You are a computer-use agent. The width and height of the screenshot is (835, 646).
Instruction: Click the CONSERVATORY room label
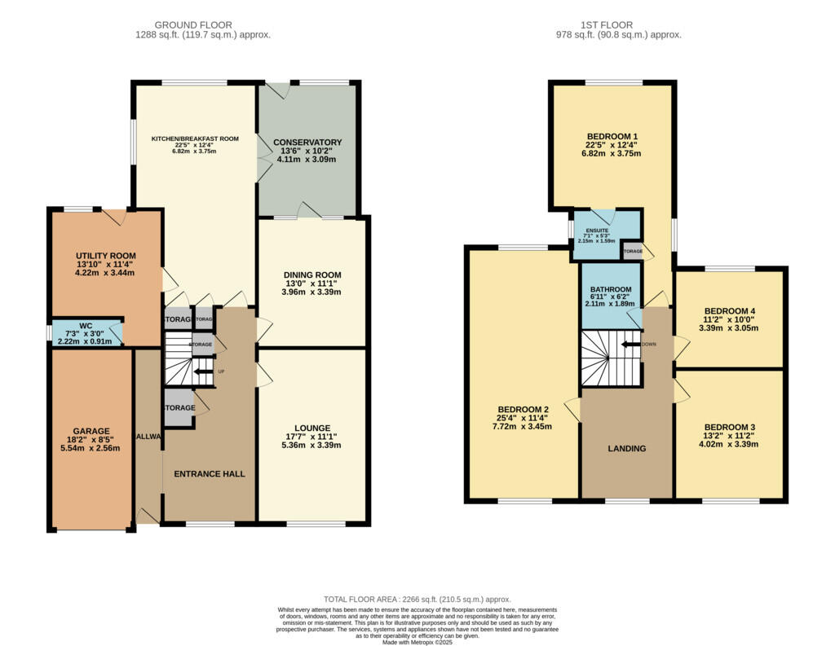(x=307, y=143)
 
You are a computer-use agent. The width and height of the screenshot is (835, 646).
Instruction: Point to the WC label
(x=86, y=325)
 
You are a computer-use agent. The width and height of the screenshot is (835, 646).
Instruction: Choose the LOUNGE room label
(x=312, y=428)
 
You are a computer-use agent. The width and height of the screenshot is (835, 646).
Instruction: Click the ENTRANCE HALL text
(x=210, y=474)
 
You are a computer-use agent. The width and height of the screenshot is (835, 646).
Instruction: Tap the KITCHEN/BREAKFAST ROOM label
(x=195, y=139)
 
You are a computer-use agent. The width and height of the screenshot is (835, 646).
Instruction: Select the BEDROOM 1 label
(x=612, y=136)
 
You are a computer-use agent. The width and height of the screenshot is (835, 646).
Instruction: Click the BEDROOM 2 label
(x=523, y=409)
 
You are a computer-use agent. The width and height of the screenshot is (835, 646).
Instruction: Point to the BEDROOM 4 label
(x=730, y=311)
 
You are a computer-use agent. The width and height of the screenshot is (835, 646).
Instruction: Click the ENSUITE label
(x=597, y=231)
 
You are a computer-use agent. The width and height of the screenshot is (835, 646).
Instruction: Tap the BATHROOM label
(x=611, y=290)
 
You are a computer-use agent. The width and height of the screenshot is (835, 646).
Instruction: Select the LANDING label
(x=627, y=449)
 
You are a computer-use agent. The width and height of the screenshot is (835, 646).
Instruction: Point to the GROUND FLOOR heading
(x=193, y=25)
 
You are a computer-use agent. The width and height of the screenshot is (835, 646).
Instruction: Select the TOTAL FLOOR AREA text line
(x=417, y=598)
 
